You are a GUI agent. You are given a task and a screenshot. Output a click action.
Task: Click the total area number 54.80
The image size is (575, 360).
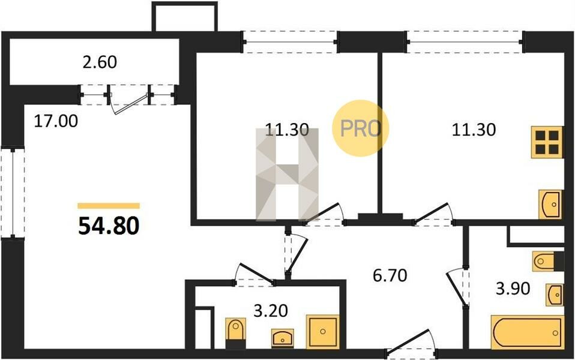tap(109, 226)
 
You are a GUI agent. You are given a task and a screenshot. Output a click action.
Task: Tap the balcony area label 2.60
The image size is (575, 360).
tap(100, 62)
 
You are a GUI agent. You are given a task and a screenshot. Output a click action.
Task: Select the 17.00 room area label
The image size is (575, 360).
tap(56, 121)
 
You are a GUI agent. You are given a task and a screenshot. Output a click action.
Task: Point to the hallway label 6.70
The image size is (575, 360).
tap(390, 275)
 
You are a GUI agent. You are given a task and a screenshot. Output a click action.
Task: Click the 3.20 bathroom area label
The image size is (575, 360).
tap(271, 311)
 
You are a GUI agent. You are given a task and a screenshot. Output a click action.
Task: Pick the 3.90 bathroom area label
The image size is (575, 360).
tap(513, 289)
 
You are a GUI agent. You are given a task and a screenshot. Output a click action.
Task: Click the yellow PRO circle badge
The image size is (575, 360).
tap(360, 128)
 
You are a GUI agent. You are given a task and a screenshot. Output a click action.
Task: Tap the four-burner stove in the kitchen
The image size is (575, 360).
tap(547, 142)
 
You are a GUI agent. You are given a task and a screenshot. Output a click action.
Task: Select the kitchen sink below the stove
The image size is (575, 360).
tap(550, 205)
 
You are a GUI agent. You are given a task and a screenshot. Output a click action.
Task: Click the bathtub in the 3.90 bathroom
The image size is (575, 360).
tap(527, 332)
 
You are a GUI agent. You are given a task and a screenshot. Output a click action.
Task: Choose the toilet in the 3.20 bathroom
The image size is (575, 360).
tap(235, 333)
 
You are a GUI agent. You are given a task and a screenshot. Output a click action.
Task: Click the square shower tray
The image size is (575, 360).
tap(323, 332)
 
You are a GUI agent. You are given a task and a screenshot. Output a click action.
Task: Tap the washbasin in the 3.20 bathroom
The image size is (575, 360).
tap(282, 338)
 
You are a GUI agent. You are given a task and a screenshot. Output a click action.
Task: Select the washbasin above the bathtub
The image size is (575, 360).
tap(555, 295)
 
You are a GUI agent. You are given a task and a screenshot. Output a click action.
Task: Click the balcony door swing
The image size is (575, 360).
tap(131, 104)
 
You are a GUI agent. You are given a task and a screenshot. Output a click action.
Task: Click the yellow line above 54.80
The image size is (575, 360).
tap(109, 206)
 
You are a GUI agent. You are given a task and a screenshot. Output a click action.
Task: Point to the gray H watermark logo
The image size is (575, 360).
tap(287, 175)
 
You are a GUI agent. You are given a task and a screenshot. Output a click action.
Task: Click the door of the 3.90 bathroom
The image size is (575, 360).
tap(456, 287)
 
